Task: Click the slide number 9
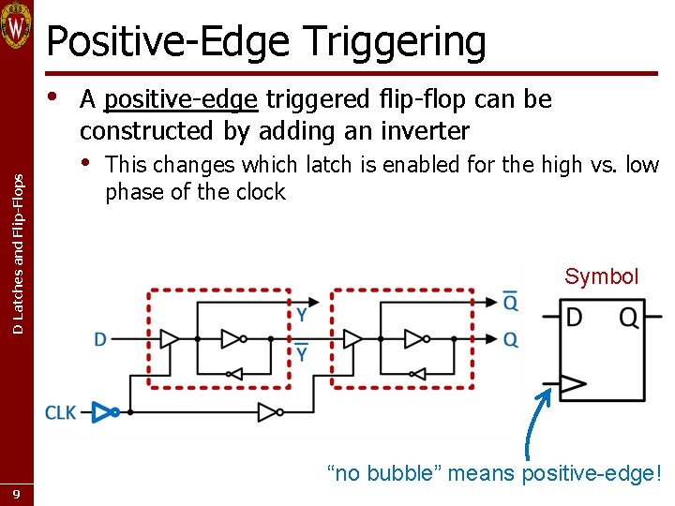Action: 17,493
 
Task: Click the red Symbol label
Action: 601,276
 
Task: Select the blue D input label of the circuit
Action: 100,339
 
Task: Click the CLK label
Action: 62,412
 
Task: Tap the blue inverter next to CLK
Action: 112,411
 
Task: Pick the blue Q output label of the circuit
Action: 510,339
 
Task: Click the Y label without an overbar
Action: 302,316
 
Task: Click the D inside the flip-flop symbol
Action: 574,319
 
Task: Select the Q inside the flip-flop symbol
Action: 628,319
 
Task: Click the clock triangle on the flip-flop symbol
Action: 572,383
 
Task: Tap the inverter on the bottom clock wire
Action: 269,411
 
